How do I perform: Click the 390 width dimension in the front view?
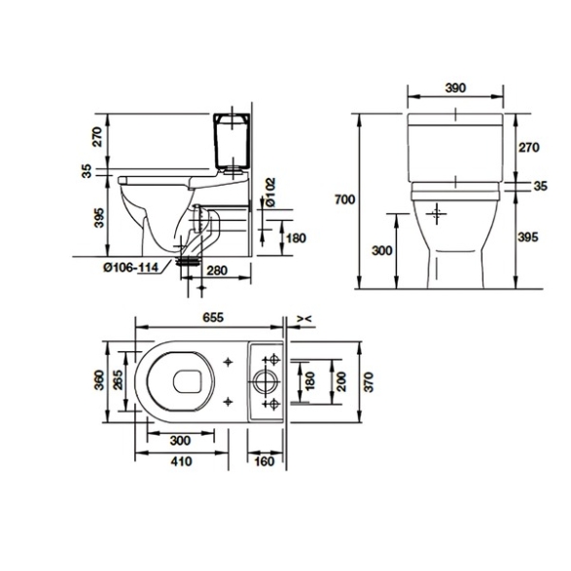click(455, 89)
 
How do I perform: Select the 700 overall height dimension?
click(345, 199)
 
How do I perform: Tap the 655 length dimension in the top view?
click(213, 317)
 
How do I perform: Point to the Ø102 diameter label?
click(270, 193)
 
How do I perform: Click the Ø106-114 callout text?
click(130, 268)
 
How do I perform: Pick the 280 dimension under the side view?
click(217, 270)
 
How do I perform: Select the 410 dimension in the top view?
click(181, 461)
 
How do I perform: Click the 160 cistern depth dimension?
click(264, 461)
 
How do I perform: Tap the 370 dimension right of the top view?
click(369, 382)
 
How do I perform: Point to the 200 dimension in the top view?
click(341, 382)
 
